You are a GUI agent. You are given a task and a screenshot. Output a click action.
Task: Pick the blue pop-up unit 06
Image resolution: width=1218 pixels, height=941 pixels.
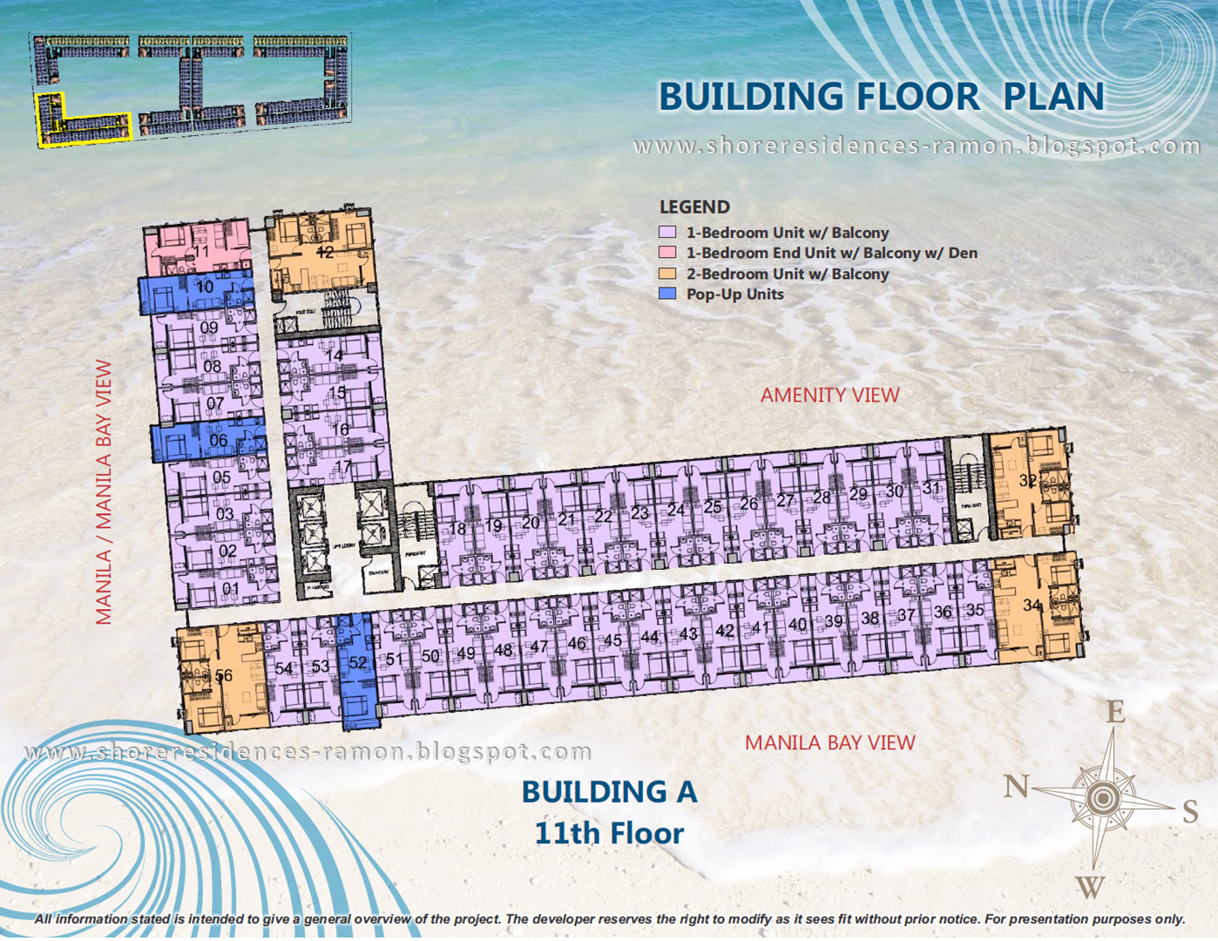pos(209,440)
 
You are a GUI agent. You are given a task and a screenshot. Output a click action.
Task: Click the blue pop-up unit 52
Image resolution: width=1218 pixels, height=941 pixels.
pos(357,671)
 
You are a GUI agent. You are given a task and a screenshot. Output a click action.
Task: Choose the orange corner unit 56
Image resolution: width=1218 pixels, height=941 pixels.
pos(222,676)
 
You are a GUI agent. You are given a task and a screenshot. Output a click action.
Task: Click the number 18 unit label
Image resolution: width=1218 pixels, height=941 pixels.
pos(457,529)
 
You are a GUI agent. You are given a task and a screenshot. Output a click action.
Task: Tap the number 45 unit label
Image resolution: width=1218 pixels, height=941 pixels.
pos(612,640)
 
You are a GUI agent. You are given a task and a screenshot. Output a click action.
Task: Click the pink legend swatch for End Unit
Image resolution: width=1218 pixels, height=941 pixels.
pos(667,253)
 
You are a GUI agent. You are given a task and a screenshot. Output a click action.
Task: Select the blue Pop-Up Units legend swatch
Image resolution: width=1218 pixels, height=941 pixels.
pos(667,294)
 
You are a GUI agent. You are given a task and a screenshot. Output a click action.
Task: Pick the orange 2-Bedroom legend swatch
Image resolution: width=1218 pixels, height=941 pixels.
pos(667,274)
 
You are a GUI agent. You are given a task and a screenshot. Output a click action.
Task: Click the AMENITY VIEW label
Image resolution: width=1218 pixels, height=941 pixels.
pos(829,396)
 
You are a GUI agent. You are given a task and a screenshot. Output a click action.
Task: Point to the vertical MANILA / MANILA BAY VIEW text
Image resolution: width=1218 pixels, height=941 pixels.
pos(104,492)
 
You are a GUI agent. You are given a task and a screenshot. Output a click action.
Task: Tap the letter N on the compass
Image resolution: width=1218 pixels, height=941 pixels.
pos(1015,786)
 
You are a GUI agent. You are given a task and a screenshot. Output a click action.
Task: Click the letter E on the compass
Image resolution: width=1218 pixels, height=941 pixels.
pos(1115,712)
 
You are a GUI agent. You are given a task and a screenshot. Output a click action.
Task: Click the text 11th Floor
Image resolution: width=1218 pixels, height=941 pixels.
pos(609,833)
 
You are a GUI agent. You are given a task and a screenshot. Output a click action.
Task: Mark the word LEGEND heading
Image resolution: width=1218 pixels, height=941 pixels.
pos(694,207)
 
